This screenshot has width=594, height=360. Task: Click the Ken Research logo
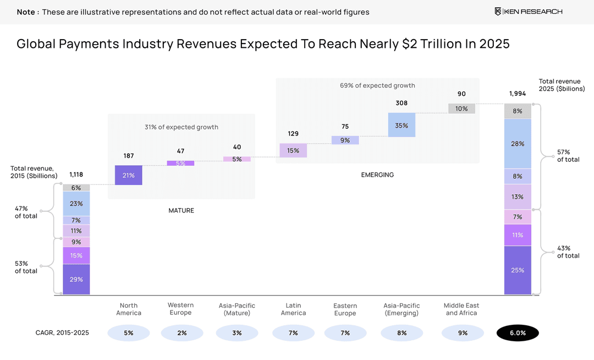(528, 12)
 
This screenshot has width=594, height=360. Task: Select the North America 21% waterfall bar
(129, 175)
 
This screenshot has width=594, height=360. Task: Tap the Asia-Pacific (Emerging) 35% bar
(402, 125)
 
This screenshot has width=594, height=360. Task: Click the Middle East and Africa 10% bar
(461, 108)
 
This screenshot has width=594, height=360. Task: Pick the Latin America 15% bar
(293, 150)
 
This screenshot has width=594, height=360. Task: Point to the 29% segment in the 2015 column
(76, 279)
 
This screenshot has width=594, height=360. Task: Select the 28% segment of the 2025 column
(518, 144)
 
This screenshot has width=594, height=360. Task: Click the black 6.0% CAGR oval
(518, 333)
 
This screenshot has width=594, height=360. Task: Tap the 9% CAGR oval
(463, 333)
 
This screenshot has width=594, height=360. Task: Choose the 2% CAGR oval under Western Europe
(182, 333)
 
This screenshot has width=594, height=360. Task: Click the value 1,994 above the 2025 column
(518, 94)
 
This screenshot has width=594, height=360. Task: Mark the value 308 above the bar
(402, 103)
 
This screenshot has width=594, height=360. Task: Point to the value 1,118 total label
(76, 174)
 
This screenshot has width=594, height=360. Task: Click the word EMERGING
(377, 175)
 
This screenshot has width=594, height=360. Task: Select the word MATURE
(181, 210)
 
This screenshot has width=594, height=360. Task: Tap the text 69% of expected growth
(377, 85)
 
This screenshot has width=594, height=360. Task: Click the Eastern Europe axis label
(345, 309)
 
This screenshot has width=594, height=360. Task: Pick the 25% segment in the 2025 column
(518, 270)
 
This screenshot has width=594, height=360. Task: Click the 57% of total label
(568, 155)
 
